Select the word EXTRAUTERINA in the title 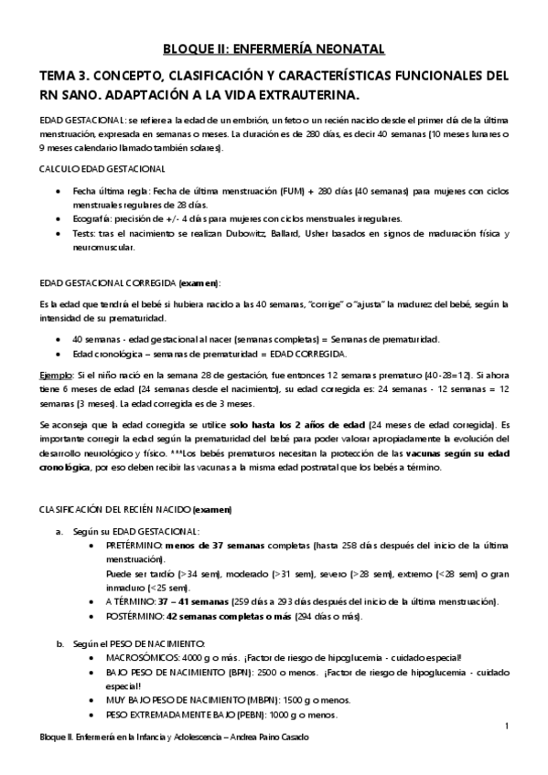tap(306, 96)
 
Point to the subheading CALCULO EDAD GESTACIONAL tap(102, 170)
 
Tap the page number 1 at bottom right tap(506, 725)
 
